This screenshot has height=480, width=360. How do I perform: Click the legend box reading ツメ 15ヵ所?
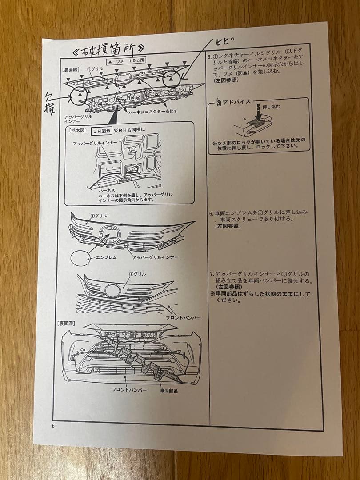pyautogui.click(x=127, y=60)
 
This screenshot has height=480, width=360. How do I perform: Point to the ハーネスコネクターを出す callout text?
pyautogui.click(x=167, y=111)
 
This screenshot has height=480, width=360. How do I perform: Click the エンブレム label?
pyautogui.click(x=106, y=257)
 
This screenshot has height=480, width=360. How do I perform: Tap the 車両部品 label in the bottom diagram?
pyautogui.click(x=168, y=391)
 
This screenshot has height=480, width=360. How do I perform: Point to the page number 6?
pyautogui.click(x=53, y=425)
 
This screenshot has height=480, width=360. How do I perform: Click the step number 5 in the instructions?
pyautogui.click(x=210, y=57)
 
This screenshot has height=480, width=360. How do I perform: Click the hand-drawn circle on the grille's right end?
pyautogui.click(x=172, y=80)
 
